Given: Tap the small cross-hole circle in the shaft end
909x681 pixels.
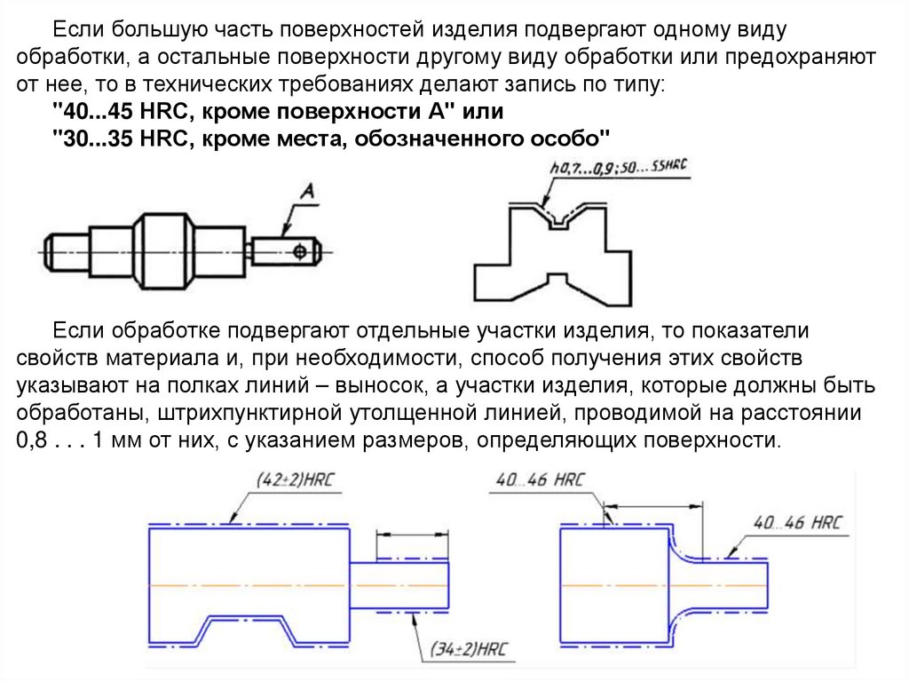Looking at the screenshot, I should (x=301, y=252).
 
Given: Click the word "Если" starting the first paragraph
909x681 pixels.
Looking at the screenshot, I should (x=77, y=30).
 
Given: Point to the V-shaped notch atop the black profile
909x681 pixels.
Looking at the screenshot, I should (x=558, y=218).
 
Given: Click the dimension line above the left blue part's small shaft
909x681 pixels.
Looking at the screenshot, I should (x=411, y=534).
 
